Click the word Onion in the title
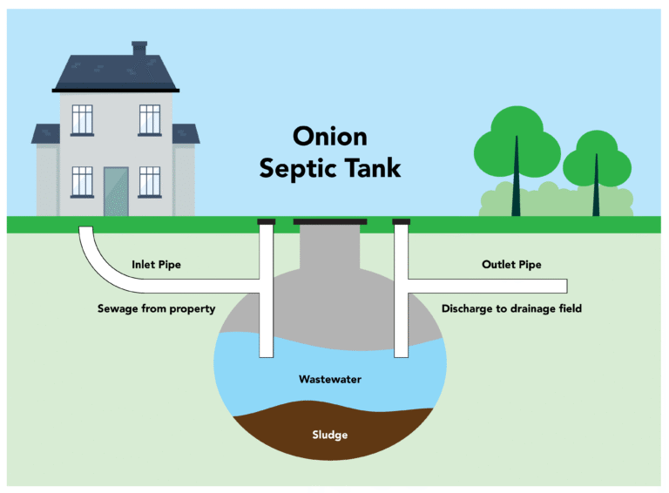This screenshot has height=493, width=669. (x=329, y=137)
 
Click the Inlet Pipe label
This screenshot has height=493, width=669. (x=156, y=265)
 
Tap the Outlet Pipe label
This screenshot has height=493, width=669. (x=511, y=265)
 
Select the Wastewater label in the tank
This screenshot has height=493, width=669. (x=329, y=380)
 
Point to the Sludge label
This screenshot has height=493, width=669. (x=329, y=435)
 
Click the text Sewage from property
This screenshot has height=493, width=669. (x=156, y=308)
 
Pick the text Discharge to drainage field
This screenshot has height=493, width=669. (x=511, y=308)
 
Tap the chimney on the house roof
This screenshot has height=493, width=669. (x=139, y=49)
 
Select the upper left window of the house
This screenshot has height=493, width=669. (x=82, y=120)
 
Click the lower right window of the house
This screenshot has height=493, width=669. (x=150, y=182)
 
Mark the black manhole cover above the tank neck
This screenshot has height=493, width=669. (x=330, y=222)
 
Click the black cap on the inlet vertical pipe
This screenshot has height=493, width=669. (x=267, y=222)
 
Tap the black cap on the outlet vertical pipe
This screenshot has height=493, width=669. (x=402, y=222)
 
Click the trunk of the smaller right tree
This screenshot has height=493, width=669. (x=596, y=187)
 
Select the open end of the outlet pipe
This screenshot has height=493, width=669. (x=565, y=286)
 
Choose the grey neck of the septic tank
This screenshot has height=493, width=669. (x=330, y=248)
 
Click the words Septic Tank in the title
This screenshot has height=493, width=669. (x=329, y=167)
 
